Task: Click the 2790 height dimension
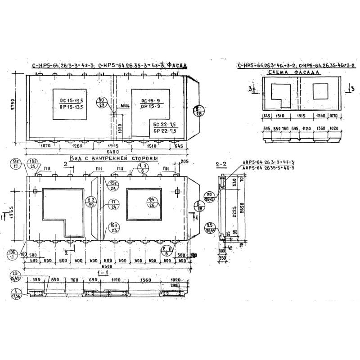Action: pyautogui.click(x=14, y=106)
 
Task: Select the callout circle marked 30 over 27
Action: pyautogui.click(x=101, y=102)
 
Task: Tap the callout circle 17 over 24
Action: pyautogui.click(x=113, y=205)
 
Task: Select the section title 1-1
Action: pyautogui.click(x=105, y=273)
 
